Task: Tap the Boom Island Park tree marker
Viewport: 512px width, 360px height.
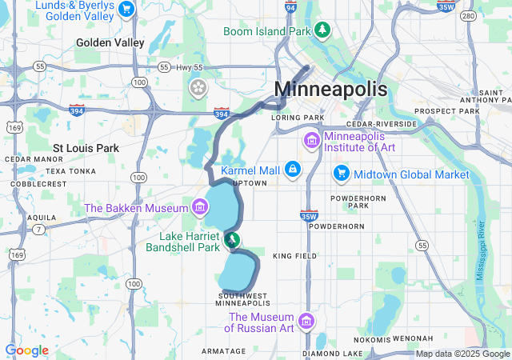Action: pos(322,30)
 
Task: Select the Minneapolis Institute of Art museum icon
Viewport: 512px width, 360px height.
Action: pos(311,141)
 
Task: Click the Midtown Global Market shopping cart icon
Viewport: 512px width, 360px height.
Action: pos(342,174)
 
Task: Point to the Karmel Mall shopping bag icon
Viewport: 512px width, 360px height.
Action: pos(294,170)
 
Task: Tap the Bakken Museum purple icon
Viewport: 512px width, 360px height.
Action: pos(198,208)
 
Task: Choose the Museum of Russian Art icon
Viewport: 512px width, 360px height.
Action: pos(305,323)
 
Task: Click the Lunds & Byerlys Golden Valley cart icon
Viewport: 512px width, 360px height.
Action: pos(126,9)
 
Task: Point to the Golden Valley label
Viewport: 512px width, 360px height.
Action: pos(110,42)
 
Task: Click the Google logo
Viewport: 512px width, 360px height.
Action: pos(26,350)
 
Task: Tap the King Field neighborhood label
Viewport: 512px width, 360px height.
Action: pos(295,256)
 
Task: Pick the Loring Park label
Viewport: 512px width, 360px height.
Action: pos(298,117)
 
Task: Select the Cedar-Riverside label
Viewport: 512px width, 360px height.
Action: pos(382,125)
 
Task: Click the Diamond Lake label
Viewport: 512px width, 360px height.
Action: pos(332,354)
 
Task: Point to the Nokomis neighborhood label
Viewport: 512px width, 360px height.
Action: pos(371,339)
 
